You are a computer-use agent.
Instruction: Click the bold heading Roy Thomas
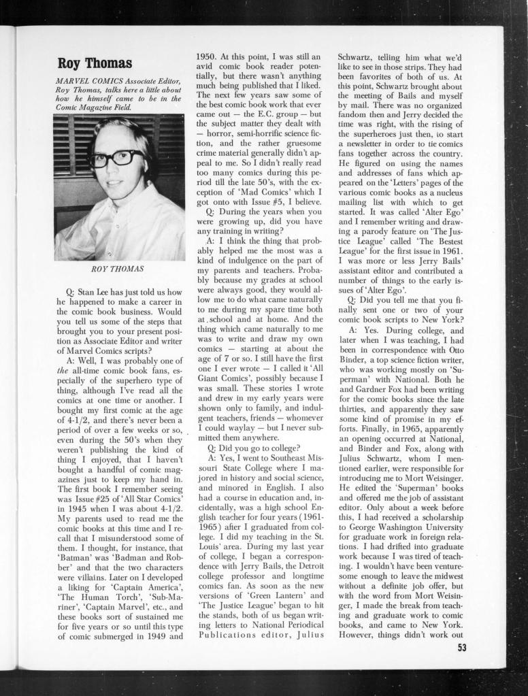click(95, 63)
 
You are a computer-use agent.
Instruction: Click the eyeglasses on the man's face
click(116, 159)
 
